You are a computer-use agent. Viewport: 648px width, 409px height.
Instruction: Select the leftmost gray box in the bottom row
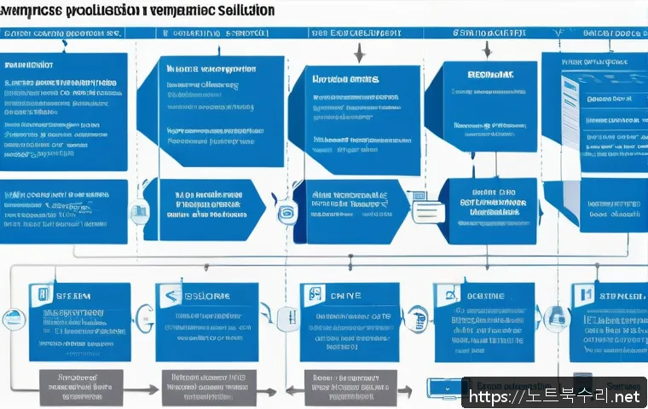tap(82, 387)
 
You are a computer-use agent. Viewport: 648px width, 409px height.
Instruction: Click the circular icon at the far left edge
tap(13, 320)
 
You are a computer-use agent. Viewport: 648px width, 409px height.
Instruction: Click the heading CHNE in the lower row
tap(344, 295)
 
